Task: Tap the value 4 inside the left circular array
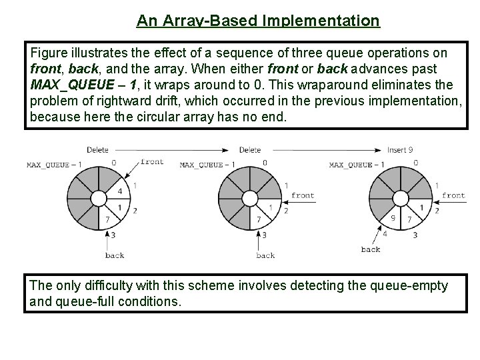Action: (x=119, y=191)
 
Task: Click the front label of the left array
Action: (x=152, y=161)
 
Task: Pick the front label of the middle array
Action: (x=303, y=195)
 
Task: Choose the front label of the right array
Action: (x=453, y=195)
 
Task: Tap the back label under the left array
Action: (x=115, y=255)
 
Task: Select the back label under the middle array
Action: (x=265, y=255)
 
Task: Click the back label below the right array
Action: (x=370, y=249)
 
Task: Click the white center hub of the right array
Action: (x=399, y=199)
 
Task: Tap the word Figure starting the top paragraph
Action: (x=49, y=52)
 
